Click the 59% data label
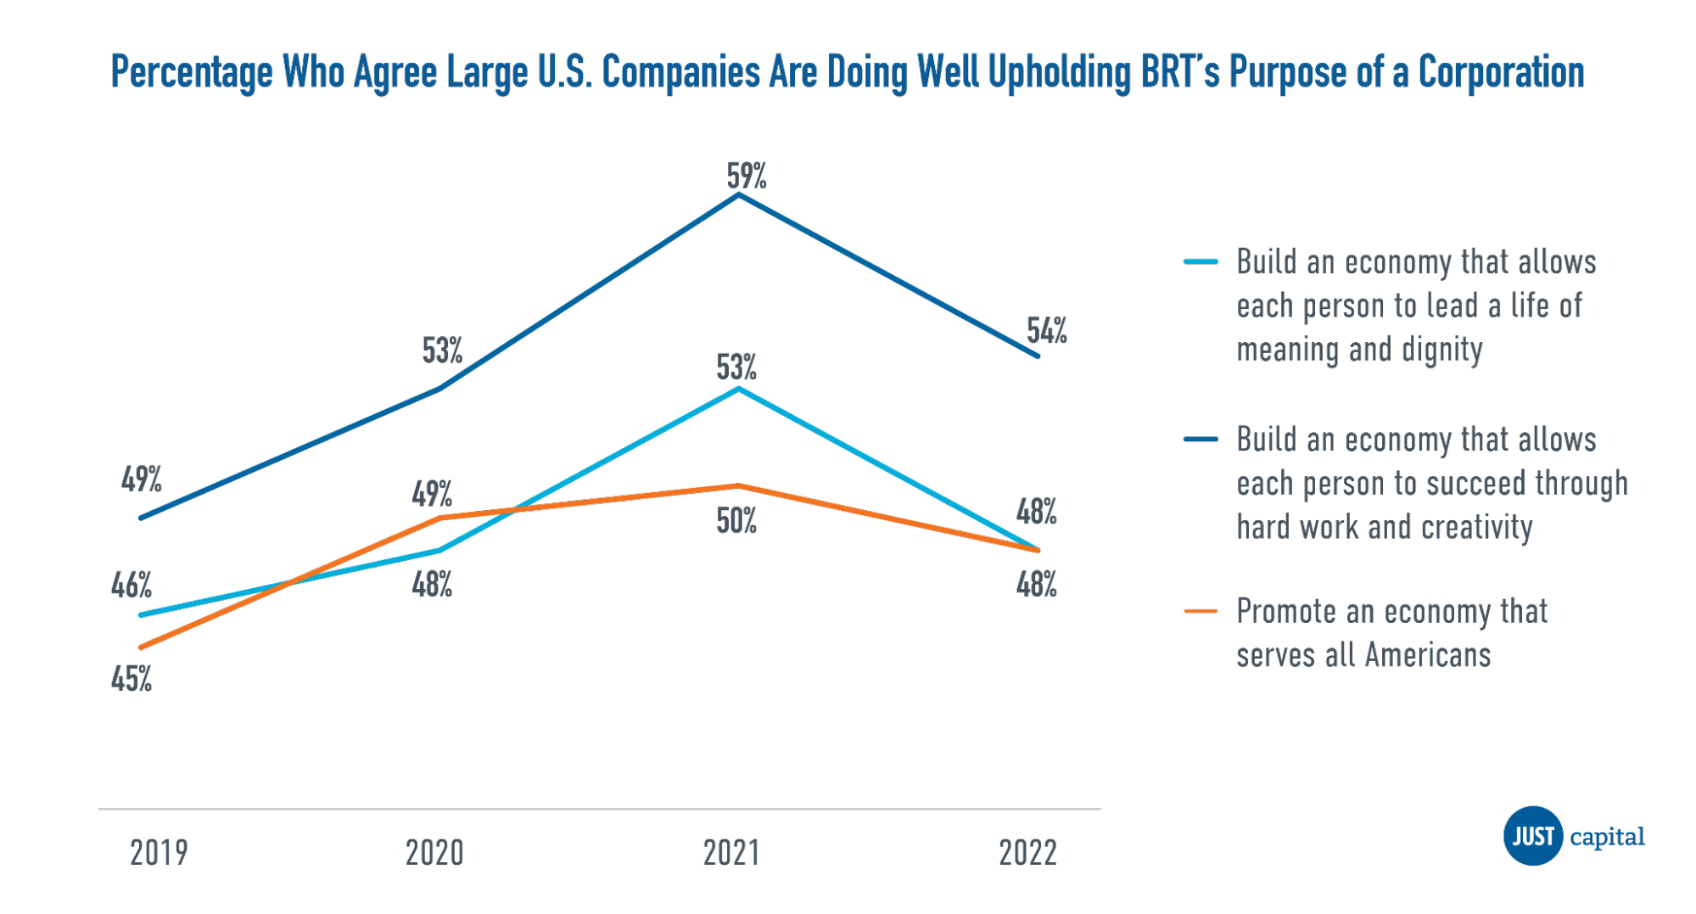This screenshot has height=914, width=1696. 747,176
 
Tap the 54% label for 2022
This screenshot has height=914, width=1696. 1046,330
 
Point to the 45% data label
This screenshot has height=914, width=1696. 132,679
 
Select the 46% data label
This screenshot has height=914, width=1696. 132,586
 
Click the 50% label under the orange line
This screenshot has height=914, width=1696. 736,521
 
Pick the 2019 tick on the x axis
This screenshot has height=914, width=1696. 159,853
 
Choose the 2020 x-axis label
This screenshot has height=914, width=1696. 434,853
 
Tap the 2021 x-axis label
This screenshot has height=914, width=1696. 731,853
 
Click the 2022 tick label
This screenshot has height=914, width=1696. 1027,853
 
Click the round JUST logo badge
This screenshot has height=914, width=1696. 1532,836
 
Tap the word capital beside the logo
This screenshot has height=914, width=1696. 1607,837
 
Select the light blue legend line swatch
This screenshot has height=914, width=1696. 1201,261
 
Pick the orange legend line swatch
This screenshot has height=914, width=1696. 1201,611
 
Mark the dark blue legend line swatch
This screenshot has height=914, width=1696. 1201,439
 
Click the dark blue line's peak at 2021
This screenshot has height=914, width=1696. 739,194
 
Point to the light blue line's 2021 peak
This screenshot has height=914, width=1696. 739,389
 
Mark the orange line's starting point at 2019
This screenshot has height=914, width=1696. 141,648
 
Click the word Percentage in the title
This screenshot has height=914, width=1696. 192,72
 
